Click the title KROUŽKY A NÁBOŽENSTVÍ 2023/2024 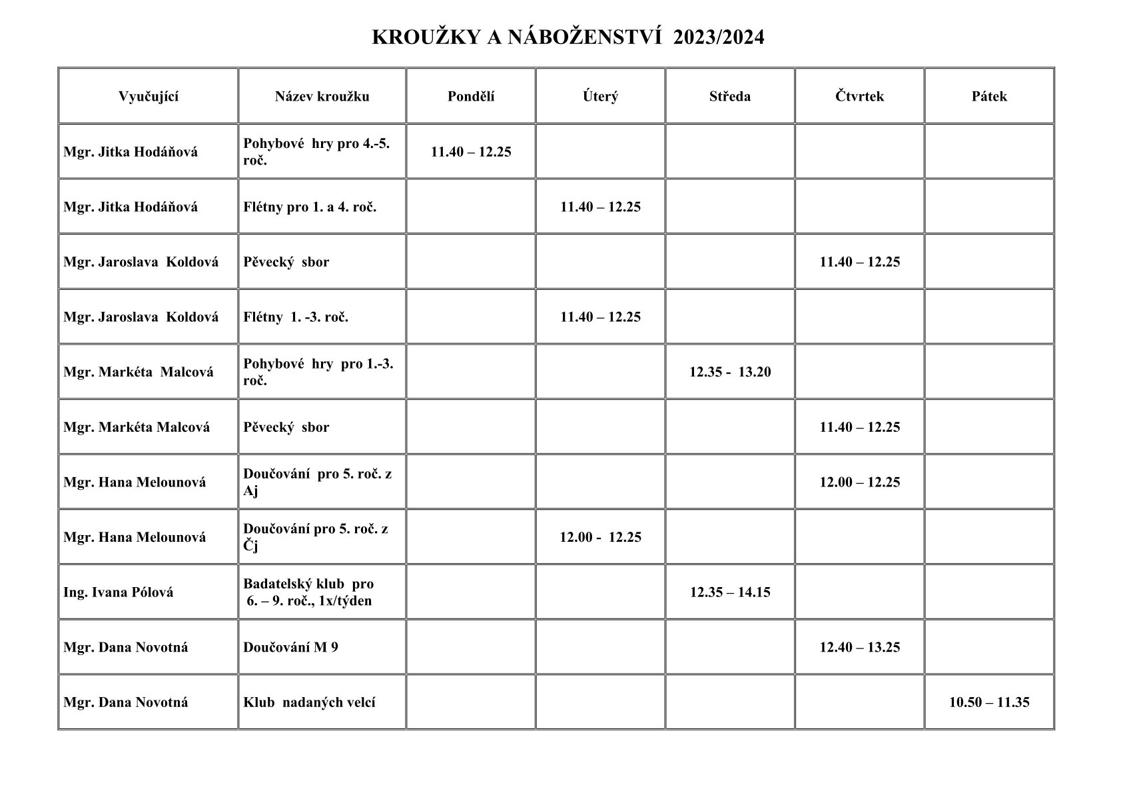[567, 37]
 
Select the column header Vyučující [149, 96]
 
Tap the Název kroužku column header [322, 96]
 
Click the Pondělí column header [471, 96]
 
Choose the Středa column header [729, 96]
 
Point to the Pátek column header [989, 96]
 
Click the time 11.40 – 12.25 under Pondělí [471, 151]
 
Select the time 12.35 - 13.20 [730, 372]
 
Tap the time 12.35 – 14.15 [730, 592]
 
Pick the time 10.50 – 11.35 [989, 702]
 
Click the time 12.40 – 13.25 [859, 647]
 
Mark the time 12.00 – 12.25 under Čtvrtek [859, 482]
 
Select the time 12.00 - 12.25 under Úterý [600, 537]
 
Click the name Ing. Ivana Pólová [119, 592]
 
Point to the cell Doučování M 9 [290, 647]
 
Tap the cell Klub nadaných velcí [309, 702]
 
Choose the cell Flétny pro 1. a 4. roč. [310, 207]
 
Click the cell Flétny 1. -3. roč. [296, 317]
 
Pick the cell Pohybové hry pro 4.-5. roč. [316, 151]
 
